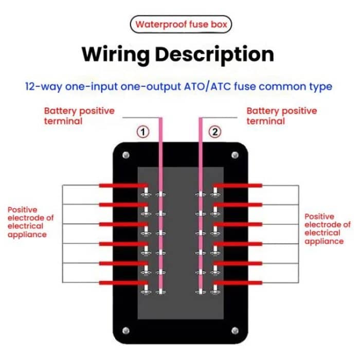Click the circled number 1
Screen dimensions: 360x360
(143, 132)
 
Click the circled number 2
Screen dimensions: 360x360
(215, 132)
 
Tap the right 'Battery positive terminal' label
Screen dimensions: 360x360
(281, 116)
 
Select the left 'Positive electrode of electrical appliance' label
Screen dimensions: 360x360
(30, 222)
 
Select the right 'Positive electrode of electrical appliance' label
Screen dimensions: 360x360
(327, 229)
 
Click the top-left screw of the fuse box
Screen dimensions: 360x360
(125, 154)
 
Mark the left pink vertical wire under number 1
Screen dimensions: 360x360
(160, 206)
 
